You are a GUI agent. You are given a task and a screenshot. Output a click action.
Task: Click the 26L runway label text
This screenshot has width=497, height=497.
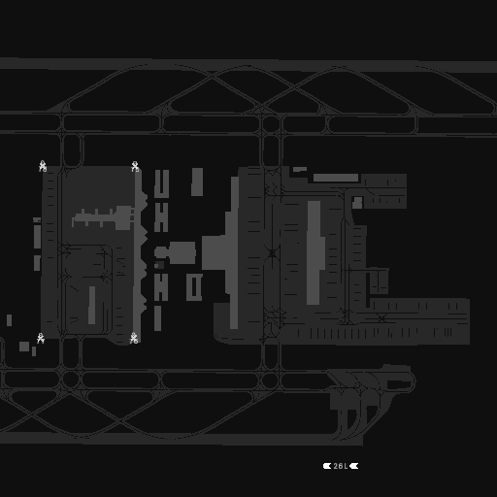coord(341,466)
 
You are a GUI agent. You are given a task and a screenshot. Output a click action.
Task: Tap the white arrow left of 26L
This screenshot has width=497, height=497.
coord(327,466)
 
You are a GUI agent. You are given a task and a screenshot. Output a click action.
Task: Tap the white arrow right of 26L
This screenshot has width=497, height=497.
coord(354,466)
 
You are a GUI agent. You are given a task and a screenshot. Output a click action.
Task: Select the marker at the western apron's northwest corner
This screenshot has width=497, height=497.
coord(43,166)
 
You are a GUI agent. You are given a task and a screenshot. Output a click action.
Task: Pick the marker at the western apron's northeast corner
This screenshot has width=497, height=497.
coord(135,166)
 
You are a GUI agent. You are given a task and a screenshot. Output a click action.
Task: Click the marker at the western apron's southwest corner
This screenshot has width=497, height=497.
coord(41,339)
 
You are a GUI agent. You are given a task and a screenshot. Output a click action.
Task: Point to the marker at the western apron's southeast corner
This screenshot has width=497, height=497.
coord(134,339)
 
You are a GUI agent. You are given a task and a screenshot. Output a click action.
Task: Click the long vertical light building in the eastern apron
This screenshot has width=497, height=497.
coord(315,252)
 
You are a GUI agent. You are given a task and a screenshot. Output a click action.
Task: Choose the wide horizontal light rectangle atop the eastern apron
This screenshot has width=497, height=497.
coord(336,178)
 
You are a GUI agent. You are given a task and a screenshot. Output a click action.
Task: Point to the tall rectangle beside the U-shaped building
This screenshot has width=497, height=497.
coord(197,182)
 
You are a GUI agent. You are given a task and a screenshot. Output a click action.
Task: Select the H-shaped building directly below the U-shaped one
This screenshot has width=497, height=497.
coord(161,217)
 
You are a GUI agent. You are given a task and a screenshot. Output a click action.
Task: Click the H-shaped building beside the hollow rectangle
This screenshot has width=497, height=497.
coord(161,287)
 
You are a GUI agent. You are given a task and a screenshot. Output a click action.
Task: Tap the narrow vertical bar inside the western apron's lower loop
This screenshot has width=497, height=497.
coord(92,305)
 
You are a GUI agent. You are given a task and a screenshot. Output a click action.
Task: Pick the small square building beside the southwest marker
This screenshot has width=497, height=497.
coord(24,347)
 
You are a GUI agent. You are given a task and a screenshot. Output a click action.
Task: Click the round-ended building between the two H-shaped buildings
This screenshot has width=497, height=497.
coord(176,252)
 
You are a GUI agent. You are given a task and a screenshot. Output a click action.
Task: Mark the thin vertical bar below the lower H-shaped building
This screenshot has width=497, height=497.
coord(157,318)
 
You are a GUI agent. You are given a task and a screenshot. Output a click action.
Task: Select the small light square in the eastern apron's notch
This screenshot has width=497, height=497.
coord(357,203)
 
